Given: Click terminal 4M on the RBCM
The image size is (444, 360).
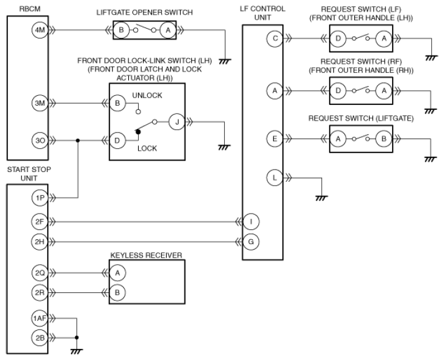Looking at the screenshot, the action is click(x=40, y=30).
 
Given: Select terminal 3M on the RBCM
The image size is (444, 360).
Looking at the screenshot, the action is click(x=40, y=103).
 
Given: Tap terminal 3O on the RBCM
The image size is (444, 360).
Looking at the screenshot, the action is click(x=40, y=140).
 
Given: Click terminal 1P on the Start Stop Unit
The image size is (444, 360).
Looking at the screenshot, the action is click(x=40, y=198).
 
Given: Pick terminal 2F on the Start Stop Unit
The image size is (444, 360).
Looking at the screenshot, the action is click(x=39, y=221).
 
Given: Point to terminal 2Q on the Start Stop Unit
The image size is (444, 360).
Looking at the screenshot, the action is click(x=39, y=273).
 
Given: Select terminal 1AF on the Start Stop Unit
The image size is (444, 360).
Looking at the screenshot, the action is click(x=39, y=319).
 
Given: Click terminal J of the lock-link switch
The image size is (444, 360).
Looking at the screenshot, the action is click(x=177, y=122).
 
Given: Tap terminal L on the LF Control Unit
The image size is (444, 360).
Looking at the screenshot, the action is click(x=274, y=178).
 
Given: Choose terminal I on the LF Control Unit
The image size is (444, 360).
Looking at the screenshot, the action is click(x=251, y=221).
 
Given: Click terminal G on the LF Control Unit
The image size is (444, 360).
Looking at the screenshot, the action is click(x=251, y=242).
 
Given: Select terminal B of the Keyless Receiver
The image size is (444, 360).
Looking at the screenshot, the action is click(x=117, y=293).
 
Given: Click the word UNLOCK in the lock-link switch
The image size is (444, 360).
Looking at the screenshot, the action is click(x=147, y=95).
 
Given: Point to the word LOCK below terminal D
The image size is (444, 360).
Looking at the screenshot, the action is click(x=147, y=148).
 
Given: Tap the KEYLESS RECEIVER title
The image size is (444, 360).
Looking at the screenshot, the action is click(x=146, y=256).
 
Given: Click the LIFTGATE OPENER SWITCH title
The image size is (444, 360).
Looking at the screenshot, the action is click(x=144, y=12).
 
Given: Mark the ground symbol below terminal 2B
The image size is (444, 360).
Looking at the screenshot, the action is click(x=76, y=351).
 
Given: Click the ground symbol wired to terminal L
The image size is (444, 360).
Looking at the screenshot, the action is click(x=321, y=198).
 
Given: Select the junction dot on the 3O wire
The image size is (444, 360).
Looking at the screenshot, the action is click(x=78, y=140).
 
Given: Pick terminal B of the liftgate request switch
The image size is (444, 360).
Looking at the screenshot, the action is click(x=384, y=139).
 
